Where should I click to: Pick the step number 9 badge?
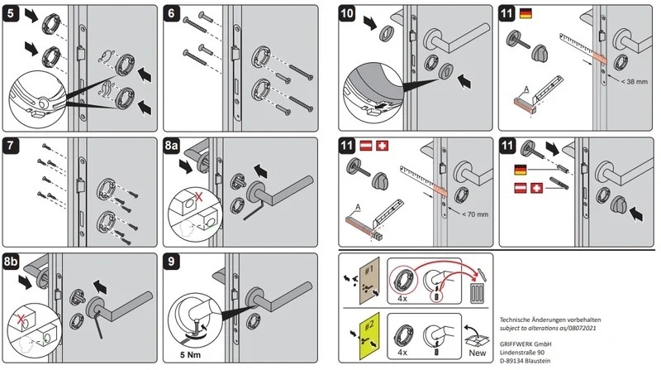(x=171, y=260)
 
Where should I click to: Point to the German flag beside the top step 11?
(x=526, y=14)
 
